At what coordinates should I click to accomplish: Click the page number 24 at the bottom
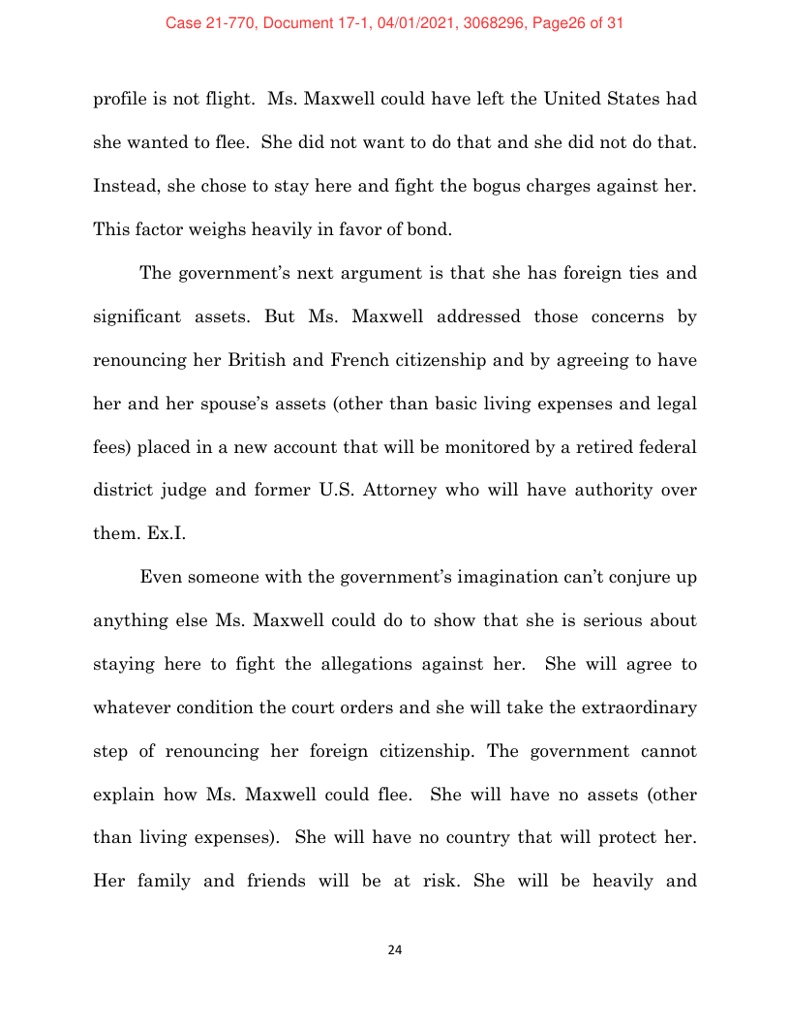394,949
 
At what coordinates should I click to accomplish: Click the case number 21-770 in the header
224,23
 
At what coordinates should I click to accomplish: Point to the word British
311,361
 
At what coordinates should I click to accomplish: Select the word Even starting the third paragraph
161,578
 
